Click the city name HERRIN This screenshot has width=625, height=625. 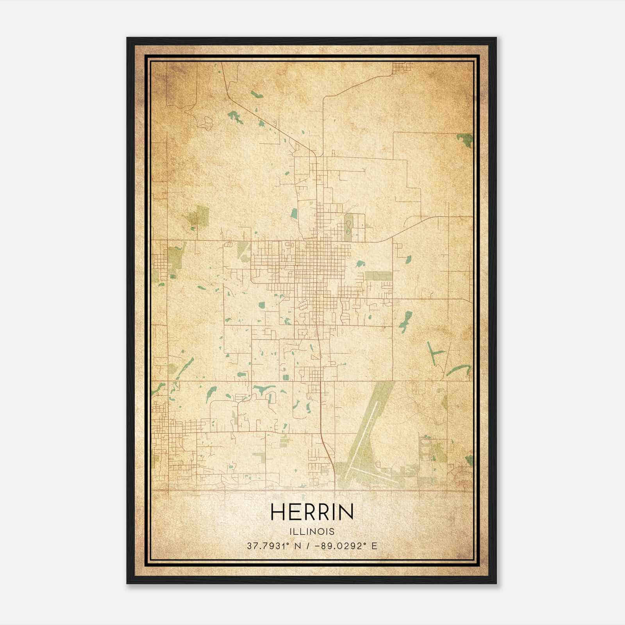312,512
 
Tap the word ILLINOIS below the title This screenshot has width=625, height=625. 312,532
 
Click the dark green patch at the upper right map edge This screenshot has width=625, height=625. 465,140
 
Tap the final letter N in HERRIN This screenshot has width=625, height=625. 346,512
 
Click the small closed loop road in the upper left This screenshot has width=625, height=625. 205,123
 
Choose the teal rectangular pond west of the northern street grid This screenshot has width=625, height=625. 294,213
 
